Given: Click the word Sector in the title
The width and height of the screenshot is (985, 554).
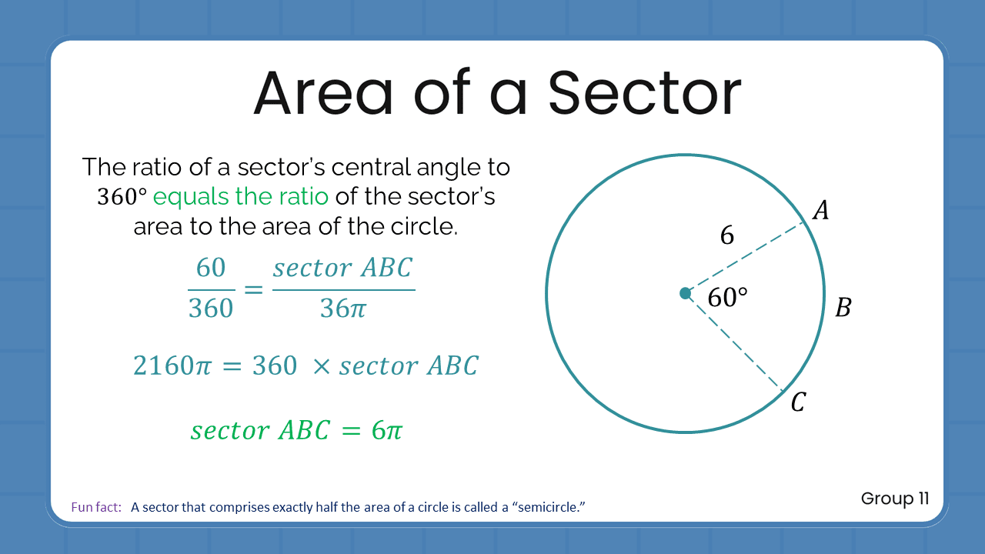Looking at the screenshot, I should (x=644, y=92).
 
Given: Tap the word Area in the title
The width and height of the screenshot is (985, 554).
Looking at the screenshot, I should (x=323, y=92).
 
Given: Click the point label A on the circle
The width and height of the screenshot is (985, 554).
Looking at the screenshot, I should (x=821, y=210).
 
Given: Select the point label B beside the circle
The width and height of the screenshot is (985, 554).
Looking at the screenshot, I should (x=843, y=309).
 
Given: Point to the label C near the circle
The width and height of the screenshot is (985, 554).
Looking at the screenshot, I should (x=798, y=402).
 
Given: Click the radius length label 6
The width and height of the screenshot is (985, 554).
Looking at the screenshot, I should (x=726, y=235).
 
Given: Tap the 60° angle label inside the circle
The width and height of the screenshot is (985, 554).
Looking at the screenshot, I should (x=727, y=297).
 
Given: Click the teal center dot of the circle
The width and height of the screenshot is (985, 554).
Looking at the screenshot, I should (x=686, y=293).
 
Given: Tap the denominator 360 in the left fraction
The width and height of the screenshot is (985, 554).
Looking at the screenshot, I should (x=211, y=309).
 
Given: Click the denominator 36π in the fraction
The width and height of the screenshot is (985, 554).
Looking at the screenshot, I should (x=343, y=309).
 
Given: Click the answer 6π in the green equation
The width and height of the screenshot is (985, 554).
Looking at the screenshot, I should (x=386, y=430).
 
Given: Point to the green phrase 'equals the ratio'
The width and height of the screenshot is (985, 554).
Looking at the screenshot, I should (x=241, y=196).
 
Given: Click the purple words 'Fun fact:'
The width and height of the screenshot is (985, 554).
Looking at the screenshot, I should (x=96, y=507).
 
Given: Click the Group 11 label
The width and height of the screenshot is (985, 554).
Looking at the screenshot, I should (x=895, y=499).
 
